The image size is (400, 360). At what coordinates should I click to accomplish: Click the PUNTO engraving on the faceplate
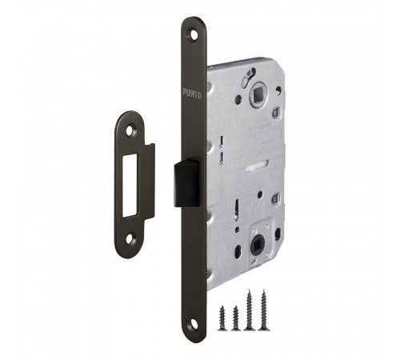coord(192,94)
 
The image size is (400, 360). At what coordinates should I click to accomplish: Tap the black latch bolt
coord(186,183)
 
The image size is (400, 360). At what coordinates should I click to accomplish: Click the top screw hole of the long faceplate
coord(193,34)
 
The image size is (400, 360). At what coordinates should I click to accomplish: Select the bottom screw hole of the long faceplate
coord(194,324)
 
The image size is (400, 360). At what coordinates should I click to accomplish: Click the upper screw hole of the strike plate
coord(130,130)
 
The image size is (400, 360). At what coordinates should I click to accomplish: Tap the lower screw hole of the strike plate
coord(130,238)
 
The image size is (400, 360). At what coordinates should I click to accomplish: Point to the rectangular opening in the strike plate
coord(130,186)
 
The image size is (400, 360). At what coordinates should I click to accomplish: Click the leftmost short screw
coord(222,318)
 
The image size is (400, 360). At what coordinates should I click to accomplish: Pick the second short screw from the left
coord(235,318)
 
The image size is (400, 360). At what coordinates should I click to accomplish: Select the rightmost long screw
coord(264,310)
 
